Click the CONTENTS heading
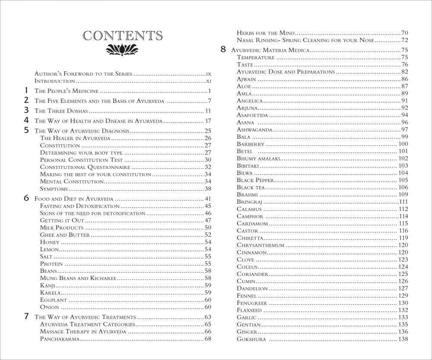coord(123,35)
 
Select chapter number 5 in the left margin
coord(26,130)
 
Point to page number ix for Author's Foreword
coord(208,74)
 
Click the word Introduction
coord(55,81)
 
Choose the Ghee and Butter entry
coord(65,235)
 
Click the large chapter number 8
coord(223,49)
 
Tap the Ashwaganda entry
coord(254,130)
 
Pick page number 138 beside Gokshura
coord(403,339)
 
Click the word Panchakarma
coord(60,339)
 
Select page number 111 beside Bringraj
coord(403,202)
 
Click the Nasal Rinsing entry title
coord(305,40)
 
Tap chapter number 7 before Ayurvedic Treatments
coord(26,316)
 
